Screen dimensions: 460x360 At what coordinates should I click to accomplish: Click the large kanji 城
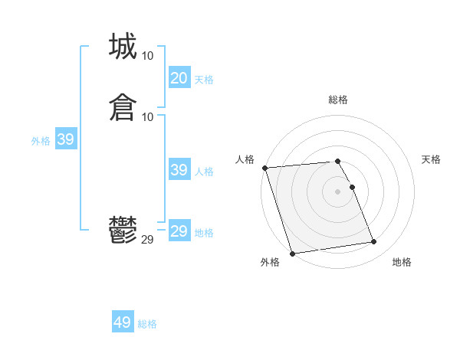pos(123,47)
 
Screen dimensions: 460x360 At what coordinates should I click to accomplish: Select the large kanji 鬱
pos(123,230)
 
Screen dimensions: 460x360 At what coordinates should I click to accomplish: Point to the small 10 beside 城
pos(148,56)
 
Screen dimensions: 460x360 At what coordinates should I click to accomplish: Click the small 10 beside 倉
pos(148,116)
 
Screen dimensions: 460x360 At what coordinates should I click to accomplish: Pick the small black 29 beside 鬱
pos(148,240)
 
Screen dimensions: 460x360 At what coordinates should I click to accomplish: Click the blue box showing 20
pos(179,78)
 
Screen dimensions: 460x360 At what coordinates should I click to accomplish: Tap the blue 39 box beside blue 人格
pos(179,170)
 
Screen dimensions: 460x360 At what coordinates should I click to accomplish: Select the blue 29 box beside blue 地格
pos(179,231)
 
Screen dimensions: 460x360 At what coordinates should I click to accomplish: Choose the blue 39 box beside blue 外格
pos(65,139)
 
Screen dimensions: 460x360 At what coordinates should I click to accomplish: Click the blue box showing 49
pos(123,322)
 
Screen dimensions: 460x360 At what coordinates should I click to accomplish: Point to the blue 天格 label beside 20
pos(204,80)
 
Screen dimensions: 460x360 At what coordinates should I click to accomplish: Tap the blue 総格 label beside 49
pos(147,324)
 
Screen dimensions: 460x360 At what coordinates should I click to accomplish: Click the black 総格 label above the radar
pos(338,100)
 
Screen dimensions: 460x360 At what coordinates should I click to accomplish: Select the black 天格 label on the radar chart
pos(431,159)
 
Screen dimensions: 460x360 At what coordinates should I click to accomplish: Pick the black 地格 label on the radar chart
pos(402,262)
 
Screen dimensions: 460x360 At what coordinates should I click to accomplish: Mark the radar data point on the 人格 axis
pos(264,168)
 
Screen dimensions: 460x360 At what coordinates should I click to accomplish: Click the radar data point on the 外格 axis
pos(292,253)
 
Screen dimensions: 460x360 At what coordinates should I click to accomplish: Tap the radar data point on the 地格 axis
pos(373,242)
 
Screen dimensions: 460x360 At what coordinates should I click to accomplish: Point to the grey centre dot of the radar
pos(338,191)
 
